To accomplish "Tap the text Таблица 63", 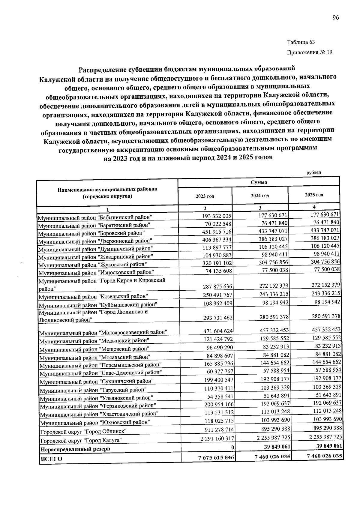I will pyautogui.click(x=301, y=42).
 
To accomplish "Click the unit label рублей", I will pyautogui.click(x=313, y=172).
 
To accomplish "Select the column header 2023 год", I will pyautogui.click(x=205, y=196).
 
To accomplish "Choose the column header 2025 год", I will pyautogui.click(x=314, y=195).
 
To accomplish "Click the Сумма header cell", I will pyautogui.click(x=259, y=182).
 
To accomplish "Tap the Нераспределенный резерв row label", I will pyautogui.click(x=75, y=449).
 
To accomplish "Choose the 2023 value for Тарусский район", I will pyautogui.click(x=218, y=389).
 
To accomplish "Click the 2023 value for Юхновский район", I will pyautogui.click(x=218, y=421).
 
